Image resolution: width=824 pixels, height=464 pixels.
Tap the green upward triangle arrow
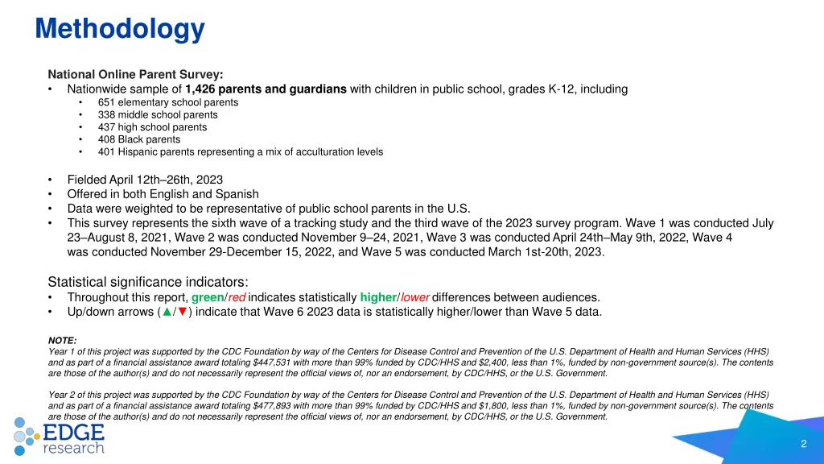click(x=166, y=313)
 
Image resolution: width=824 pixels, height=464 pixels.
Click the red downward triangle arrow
click(x=182, y=313)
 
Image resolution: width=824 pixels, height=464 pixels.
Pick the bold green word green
click(x=208, y=297)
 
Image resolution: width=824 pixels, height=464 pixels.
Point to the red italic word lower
click(x=414, y=297)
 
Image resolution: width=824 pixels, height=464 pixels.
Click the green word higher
click(x=378, y=297)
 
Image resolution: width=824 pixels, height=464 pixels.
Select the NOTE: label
click(x=63, y=341)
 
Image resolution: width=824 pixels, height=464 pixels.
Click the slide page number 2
click(x=804, y=444)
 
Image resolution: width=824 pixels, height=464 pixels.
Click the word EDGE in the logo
click(x=74, y=431)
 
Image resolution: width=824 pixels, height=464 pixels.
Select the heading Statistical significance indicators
click(x=148, y=281)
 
